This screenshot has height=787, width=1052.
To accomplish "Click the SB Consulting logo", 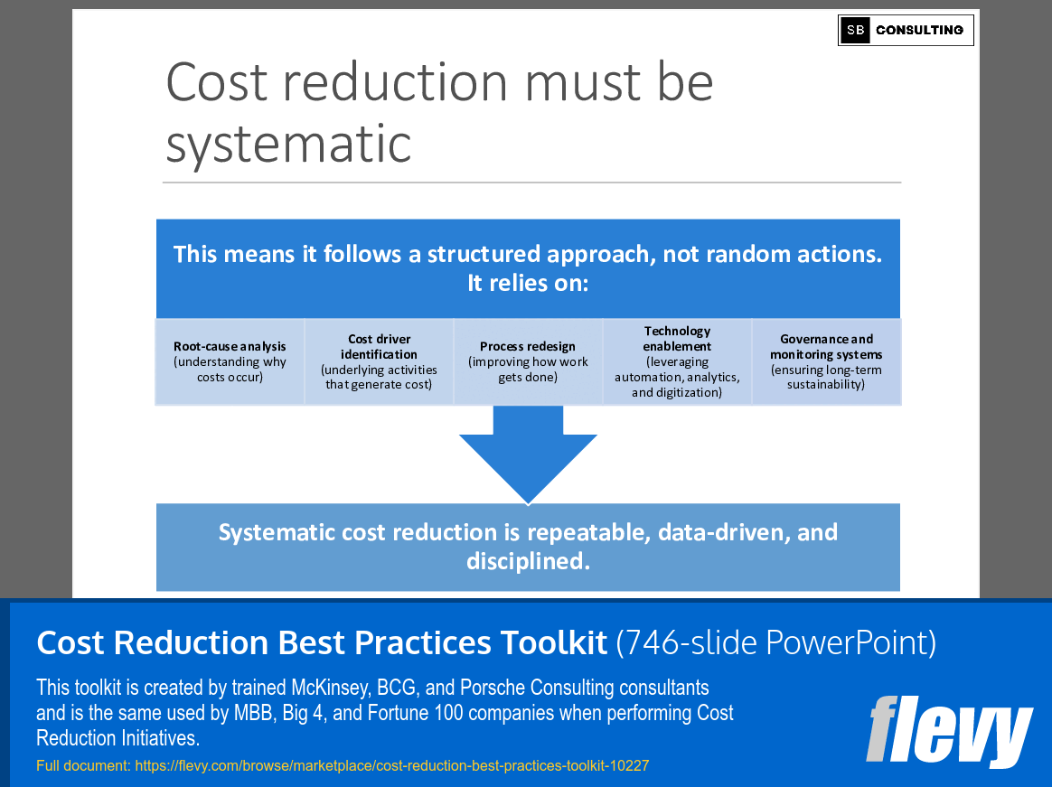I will (x=905, y=30).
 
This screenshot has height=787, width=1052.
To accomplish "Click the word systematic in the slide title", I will (x=288, y=143).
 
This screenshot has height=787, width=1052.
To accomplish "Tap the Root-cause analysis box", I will (x=230, y=361).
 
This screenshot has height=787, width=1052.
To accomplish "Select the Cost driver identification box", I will (x=379, y=361).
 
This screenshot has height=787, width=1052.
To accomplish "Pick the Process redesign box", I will (x=528, y=361).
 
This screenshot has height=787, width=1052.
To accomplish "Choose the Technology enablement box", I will (x=677, y=361).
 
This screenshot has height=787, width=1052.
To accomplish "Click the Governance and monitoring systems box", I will (x=826, y=361).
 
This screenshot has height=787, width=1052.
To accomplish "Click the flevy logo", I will (x=948, y=730).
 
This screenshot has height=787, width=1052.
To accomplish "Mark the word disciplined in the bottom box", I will (x=528, y=561).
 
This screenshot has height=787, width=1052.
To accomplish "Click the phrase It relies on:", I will (x=528, y=283).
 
